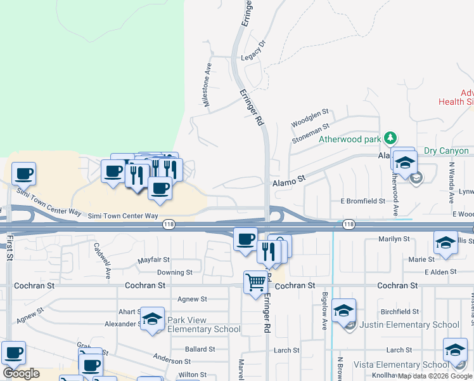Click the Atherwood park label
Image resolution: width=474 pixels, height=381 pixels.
pos(349,139)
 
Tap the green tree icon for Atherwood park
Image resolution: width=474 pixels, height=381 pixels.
pos(391,138)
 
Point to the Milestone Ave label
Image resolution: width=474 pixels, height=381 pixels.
pos(207,88)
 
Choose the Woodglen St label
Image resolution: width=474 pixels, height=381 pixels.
pos(310,117)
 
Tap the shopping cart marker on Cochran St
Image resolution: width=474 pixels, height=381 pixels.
pos(255,281)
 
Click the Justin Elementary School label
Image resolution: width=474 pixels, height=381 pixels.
pos(409,324)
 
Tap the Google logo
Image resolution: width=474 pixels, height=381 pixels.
pos(22,373)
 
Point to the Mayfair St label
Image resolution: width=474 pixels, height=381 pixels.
pos(154,260)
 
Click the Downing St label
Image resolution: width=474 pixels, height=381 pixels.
pos(175,272)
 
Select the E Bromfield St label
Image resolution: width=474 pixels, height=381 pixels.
pos(362,201)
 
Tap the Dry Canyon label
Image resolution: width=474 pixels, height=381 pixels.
pos(446,150)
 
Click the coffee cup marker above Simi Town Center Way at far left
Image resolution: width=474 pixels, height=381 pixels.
pos(23,173)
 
